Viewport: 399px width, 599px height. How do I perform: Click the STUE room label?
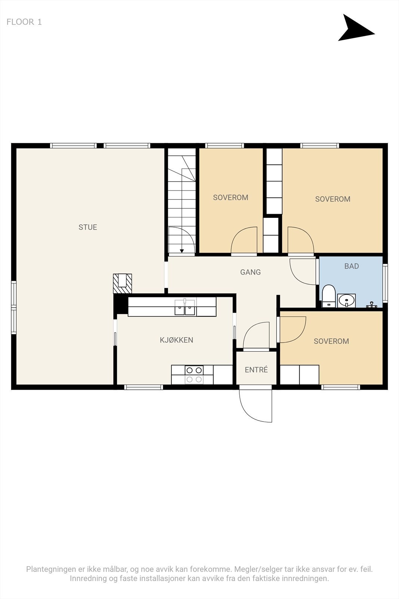[88, 227]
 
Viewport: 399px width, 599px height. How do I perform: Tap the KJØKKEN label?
[176, 340]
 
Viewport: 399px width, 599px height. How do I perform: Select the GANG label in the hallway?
[250, 272]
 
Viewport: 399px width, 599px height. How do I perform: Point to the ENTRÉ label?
[256, 370]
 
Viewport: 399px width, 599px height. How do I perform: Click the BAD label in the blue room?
[352, 266]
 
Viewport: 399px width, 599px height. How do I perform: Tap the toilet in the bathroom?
[328, 296]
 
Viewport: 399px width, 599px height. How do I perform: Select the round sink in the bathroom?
[346, 301]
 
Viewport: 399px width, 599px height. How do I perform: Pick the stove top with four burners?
[194, 375]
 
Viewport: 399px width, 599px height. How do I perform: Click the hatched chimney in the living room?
[123, 283]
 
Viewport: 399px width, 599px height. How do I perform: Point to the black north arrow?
[356, 28]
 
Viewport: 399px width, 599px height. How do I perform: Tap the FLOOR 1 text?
[24, 22]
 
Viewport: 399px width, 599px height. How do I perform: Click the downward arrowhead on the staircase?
[182, 251]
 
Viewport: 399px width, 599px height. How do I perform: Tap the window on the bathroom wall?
[385, 283]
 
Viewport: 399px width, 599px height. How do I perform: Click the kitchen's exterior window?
[144, 387]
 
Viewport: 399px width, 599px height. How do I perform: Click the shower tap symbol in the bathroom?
[371, 305]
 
